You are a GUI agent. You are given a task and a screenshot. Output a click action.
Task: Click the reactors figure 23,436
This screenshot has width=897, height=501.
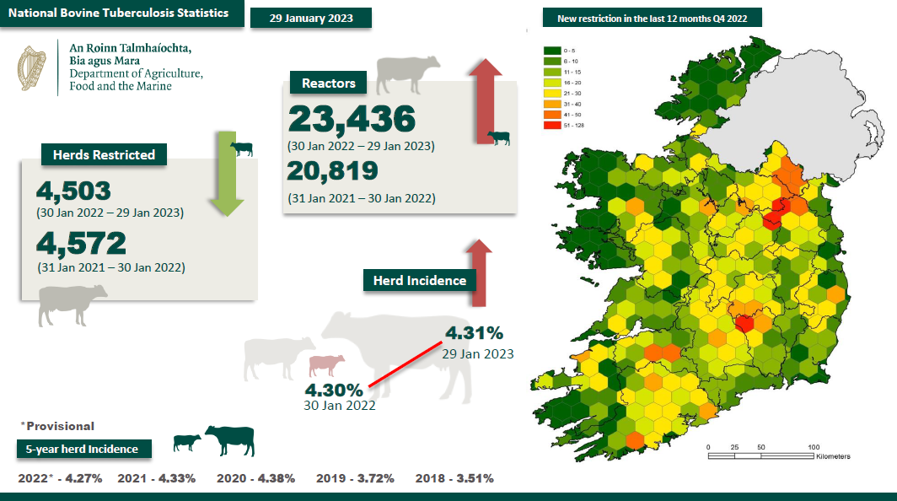pyautogui.click(x=352, y=120)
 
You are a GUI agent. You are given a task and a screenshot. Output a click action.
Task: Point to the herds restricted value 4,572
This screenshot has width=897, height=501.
pyautogui.click(x=81, y=244)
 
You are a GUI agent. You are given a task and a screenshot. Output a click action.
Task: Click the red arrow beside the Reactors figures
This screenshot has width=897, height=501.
pyautogui.click(x=486, y=101)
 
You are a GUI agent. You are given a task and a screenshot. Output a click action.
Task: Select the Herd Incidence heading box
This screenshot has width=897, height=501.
pyautogui.click(x=420, y=280)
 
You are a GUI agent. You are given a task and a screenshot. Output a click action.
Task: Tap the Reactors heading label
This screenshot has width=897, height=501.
pyautogui.click(x=335, y=83)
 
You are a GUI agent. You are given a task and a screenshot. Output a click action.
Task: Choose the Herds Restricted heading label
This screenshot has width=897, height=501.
pyautogui.click(x=104, y=154)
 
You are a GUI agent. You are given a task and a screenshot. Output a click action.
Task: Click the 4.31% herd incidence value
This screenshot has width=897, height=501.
pyautogui.click(x=474, y=333)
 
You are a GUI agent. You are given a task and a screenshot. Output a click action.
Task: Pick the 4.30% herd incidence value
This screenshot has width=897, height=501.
pyautogui.click(x=334, y=391)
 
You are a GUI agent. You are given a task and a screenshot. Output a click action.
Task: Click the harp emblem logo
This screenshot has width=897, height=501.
pyautogui.click(x=34, y=67)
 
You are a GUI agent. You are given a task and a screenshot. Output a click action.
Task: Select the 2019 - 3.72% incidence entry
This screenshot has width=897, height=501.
pyautogui.click(x=355, y=478)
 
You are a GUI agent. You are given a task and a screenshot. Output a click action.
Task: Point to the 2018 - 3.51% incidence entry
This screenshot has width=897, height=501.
pyautogui.click(x=454, y=478)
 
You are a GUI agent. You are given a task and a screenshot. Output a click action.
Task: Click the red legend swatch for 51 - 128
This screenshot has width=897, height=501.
pyautogui.click(x=552, y=125)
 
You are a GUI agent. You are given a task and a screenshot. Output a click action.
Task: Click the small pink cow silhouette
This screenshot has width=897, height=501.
pyautogui.click(x=326, y=365)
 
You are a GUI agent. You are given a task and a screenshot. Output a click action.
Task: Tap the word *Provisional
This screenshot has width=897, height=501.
pyautogui.click(x=56, y=426)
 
